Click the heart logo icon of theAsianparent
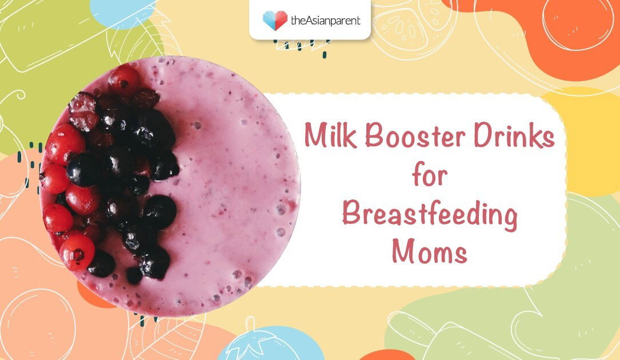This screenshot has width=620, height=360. pos(275,21)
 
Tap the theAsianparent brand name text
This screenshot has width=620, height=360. pos(326,21)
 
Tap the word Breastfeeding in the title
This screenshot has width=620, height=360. pos(429,216)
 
